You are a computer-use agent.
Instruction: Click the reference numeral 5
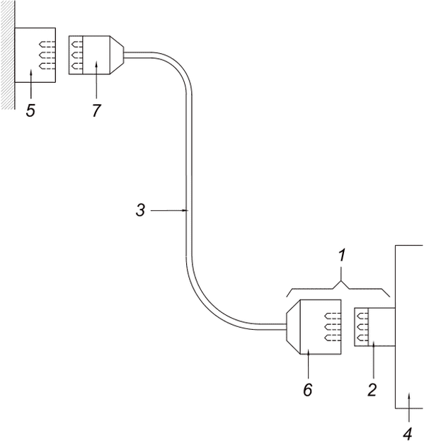coord(30,110)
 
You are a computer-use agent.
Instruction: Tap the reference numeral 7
coord(96,110)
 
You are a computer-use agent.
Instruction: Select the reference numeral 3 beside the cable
coord(141,210)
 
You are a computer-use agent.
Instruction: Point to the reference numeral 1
coord(341,256)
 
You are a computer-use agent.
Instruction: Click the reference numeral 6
coord(308,390)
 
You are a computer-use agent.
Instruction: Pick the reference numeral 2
coord(372,390)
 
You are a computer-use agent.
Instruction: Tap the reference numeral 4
coord(408,433)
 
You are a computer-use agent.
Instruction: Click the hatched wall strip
coord(7,55)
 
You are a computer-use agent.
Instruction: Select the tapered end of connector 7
coord(117,55)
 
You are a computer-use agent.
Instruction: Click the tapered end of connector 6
coord(293,326)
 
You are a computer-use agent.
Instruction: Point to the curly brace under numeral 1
coord(338,289)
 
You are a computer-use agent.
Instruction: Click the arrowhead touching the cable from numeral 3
coord(185,210)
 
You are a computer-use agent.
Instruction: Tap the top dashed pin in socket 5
coord(47,45)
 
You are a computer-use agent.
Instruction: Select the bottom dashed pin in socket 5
coord(47,67)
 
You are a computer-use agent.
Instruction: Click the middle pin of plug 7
coord(77,55)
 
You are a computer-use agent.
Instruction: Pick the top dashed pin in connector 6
coord(333,316)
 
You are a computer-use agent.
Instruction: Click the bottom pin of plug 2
coord(362,338)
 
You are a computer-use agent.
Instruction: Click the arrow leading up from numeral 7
coord(96,80)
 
